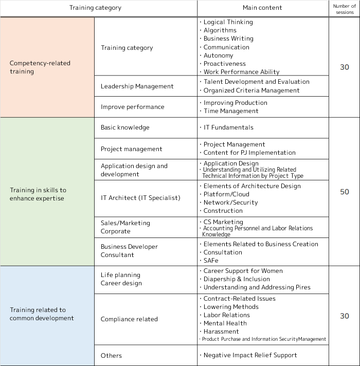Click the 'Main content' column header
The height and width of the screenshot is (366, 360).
pyautogui.click(x=262, y=8)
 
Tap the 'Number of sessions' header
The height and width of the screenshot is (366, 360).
pyautogui.click(x=345, y=9)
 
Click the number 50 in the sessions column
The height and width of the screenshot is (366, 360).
pyautogui.click(x=345, y=192)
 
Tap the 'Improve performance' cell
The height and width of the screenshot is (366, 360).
pyautogui.click(x=133, y=107)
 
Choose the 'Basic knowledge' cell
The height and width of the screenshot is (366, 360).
pyautogui.click(x=125, y=127)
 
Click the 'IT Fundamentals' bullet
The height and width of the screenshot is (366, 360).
pyautogui.click(x=228, y=127)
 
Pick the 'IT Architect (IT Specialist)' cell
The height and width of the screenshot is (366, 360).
pyautogui.click(x=140, y=198)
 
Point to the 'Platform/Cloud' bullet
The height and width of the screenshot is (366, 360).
pyautogui.click(x=226, y=194)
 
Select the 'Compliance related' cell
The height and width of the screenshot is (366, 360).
pyautogui.click(x=129, y=319)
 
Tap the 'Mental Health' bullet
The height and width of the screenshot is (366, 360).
pyautogui.click(x=225, y=323)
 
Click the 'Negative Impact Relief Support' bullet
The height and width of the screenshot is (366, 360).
pyautogui.click(x=250, y=355)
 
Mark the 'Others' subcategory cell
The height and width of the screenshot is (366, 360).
pyautogui.click(x=111, y=356)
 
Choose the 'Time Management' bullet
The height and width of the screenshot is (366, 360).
pyautogui.click(x=231, y=111)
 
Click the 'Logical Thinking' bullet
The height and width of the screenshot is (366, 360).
pyautogui.click(x=228, y=22)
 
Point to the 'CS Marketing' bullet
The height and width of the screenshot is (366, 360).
pyautogui.click(x=223, y=222)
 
